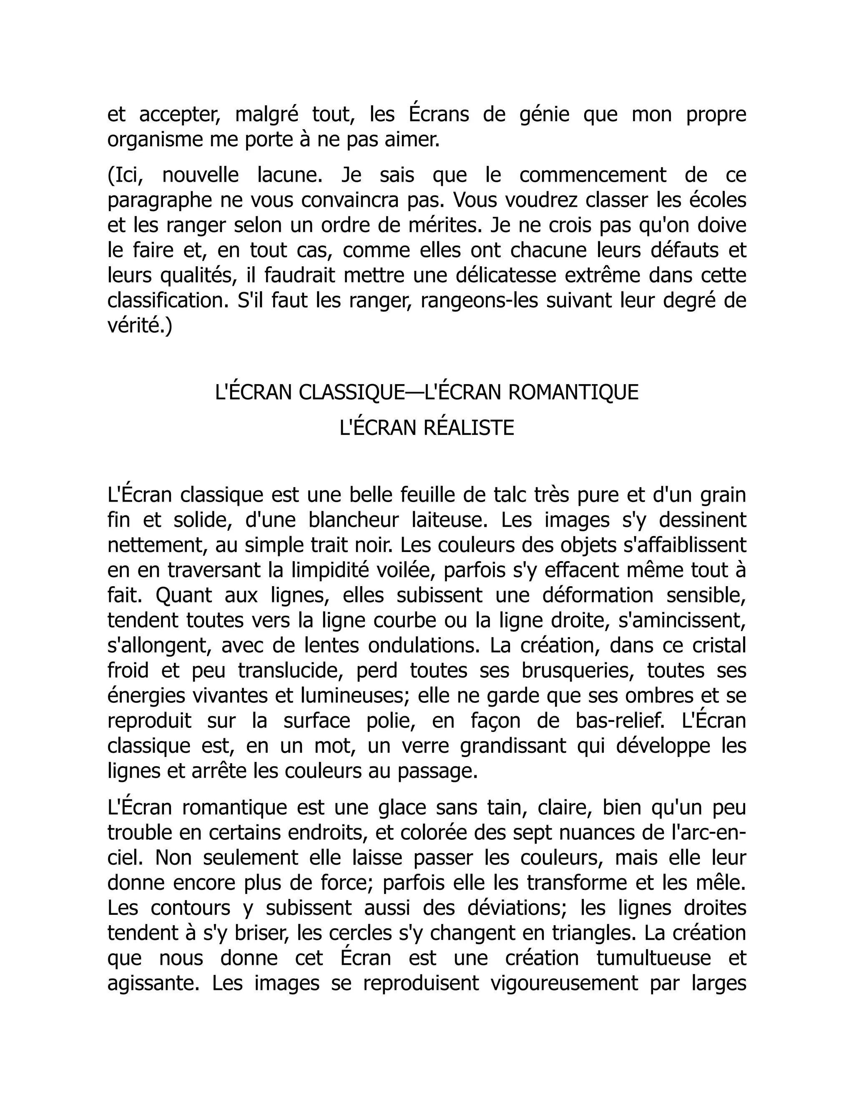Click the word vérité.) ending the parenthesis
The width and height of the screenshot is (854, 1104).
click(x=140, y=326)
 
